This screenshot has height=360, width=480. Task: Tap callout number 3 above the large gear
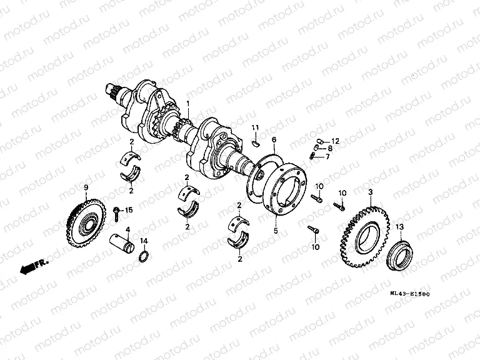point(371,192)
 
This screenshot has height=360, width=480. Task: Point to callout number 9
point(86,187)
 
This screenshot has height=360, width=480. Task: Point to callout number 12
point(335,141)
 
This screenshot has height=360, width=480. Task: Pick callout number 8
point(330,149)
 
